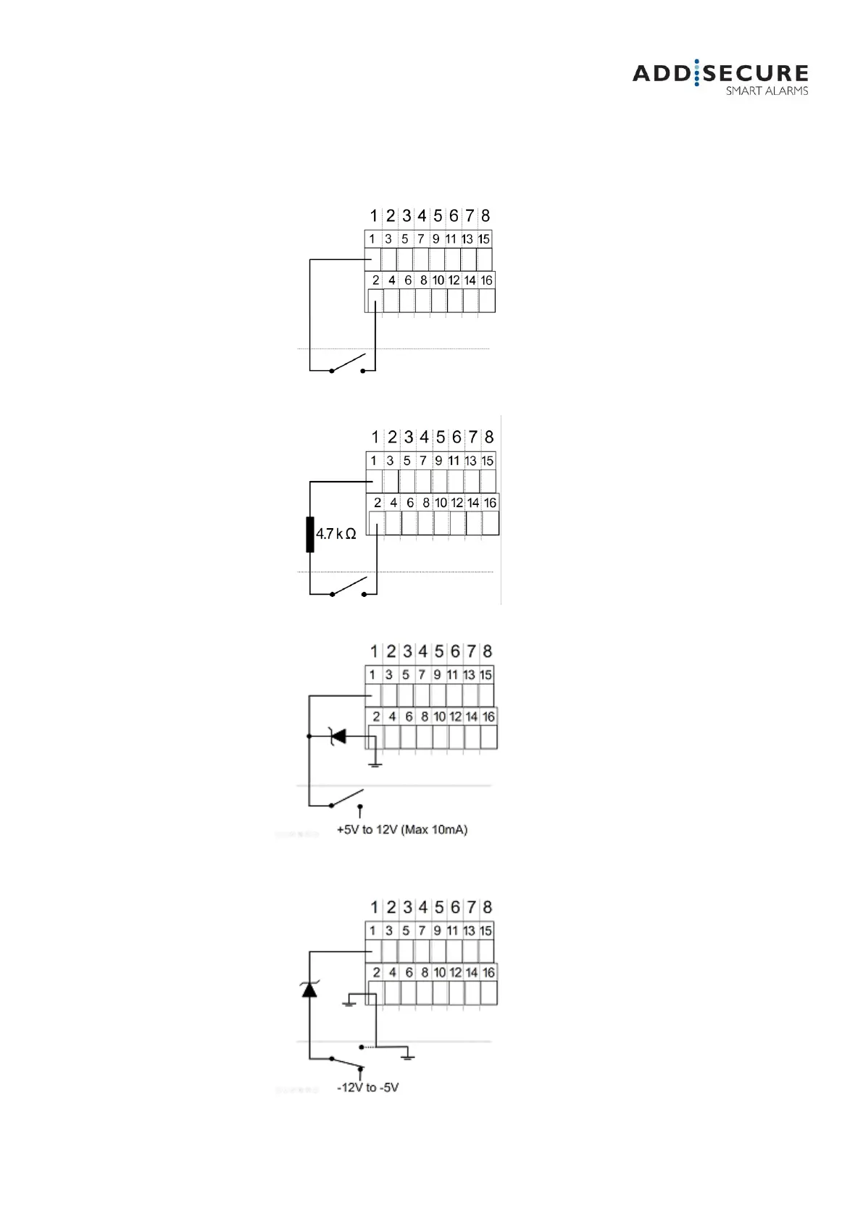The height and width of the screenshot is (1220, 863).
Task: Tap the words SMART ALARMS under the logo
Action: (767, 91)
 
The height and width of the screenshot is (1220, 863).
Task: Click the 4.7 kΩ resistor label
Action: (335, 534)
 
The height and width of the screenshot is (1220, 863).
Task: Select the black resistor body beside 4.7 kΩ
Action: (310, 535)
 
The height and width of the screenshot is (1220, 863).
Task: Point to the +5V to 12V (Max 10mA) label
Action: (402, 830)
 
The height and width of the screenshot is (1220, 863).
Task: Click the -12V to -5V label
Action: (368, 1087)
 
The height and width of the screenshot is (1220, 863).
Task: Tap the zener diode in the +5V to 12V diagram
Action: (337, 736)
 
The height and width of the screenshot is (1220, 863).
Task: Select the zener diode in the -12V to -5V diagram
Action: (309, 988)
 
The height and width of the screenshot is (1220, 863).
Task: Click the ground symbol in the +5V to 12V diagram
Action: (374, 763)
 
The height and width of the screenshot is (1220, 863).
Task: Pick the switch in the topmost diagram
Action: (347, 363)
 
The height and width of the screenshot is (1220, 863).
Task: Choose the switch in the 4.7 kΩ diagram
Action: (349, 586)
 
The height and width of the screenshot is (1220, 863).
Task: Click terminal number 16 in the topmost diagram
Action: (486, 280)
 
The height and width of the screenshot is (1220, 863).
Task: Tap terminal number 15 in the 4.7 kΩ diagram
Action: (488, 461)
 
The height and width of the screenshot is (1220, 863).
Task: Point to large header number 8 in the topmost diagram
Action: (485, 216)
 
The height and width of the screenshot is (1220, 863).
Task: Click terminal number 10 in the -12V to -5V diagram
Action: (440, 972)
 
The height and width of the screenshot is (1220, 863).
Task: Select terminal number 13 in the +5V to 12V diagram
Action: (469, 675)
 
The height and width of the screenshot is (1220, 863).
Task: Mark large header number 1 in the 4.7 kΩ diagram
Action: (375, 437)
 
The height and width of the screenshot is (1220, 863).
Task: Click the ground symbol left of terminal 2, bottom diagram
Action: (349, 1003)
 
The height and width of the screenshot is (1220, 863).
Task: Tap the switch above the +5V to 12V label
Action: (346, 798)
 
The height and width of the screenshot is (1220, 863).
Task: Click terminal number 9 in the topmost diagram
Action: (435, 239)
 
